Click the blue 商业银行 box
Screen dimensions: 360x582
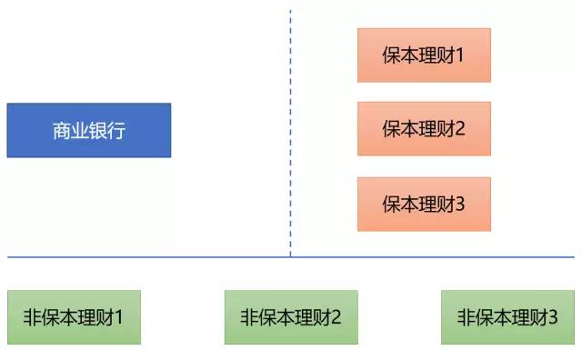[x=88, y=130]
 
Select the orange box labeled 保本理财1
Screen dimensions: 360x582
[x=424, y=55]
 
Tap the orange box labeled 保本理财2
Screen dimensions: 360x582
[x=424, y=129]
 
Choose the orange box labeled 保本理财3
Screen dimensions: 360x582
[x=424, y=204]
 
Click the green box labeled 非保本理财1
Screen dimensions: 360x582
[x=74, y=317]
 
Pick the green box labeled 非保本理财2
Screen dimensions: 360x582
[x=291, y=317]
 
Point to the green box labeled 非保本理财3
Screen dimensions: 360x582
[x=507, y=317]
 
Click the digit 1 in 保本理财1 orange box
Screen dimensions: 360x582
[x=459, y=55]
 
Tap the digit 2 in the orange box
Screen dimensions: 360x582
[x=459, y=129]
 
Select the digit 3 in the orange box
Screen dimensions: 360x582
[x=459, y=204]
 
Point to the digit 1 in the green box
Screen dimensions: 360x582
[x=118, y=317]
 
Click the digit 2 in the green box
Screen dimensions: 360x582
[x=336, y=317]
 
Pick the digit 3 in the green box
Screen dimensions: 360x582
[x=552, y=317]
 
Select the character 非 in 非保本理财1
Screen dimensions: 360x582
[x=32, y=317]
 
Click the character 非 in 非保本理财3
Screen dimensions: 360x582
[x=466, y=317]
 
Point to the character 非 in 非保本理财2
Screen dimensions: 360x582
[x=249, y=317]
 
